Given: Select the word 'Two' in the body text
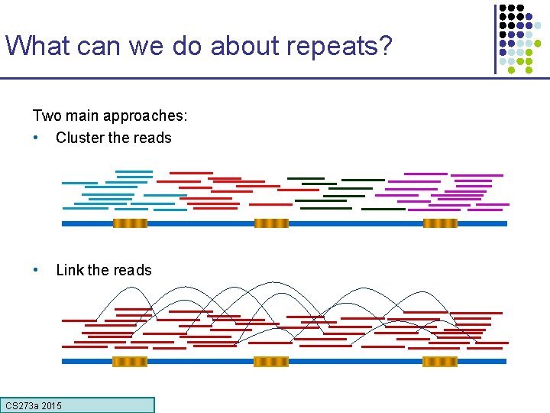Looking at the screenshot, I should coord(46,115).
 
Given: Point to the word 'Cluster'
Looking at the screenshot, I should coord(80,138).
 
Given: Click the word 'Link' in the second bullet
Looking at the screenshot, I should coord(70,270).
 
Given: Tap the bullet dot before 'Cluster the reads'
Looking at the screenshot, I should coord(36,138).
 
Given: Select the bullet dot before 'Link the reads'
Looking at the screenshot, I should coord(36,270).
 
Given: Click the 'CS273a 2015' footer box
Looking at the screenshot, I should coord(78,405).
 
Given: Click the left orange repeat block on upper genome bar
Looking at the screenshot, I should coord(130,223).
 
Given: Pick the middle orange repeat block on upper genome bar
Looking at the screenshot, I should coord(271,223).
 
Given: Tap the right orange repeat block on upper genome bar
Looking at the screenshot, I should coord(440,223).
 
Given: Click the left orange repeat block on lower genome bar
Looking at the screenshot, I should coord(130,361).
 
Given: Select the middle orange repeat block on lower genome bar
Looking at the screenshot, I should coord(271,361).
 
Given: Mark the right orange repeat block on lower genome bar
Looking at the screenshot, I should coord(440,361).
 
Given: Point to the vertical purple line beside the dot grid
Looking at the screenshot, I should coord(495,38).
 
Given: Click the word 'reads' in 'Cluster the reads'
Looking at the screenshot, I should coord(153,138).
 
